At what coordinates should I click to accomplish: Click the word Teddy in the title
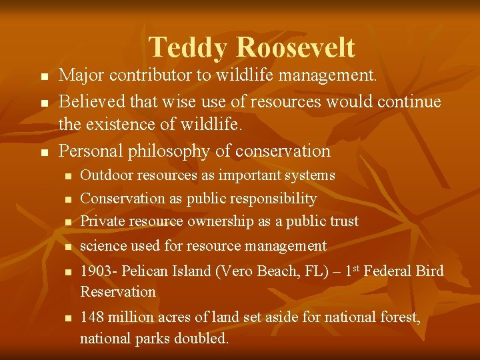point(189,48)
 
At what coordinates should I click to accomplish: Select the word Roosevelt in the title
point(296,48)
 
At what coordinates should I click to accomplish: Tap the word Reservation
point(117,292)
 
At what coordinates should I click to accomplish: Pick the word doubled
point(201,339)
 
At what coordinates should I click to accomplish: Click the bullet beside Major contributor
point(44,78)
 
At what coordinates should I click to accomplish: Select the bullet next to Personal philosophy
point(44,153)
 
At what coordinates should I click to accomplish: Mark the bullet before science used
point(67,247)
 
